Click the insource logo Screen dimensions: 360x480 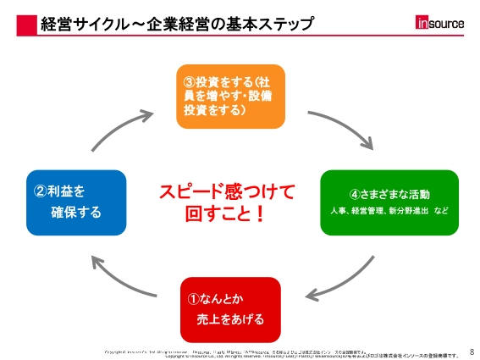(439, 23)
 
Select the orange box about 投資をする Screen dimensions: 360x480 (230, 96)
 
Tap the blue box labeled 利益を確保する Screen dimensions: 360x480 (75, 202)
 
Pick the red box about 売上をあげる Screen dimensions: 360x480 (230, 308)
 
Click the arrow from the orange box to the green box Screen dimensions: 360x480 (338, 127)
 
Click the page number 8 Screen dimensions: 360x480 (472, 349)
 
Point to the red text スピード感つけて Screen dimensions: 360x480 (227, 192)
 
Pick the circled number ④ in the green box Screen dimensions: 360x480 (356, 193)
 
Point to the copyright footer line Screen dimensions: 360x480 (288, 353)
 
